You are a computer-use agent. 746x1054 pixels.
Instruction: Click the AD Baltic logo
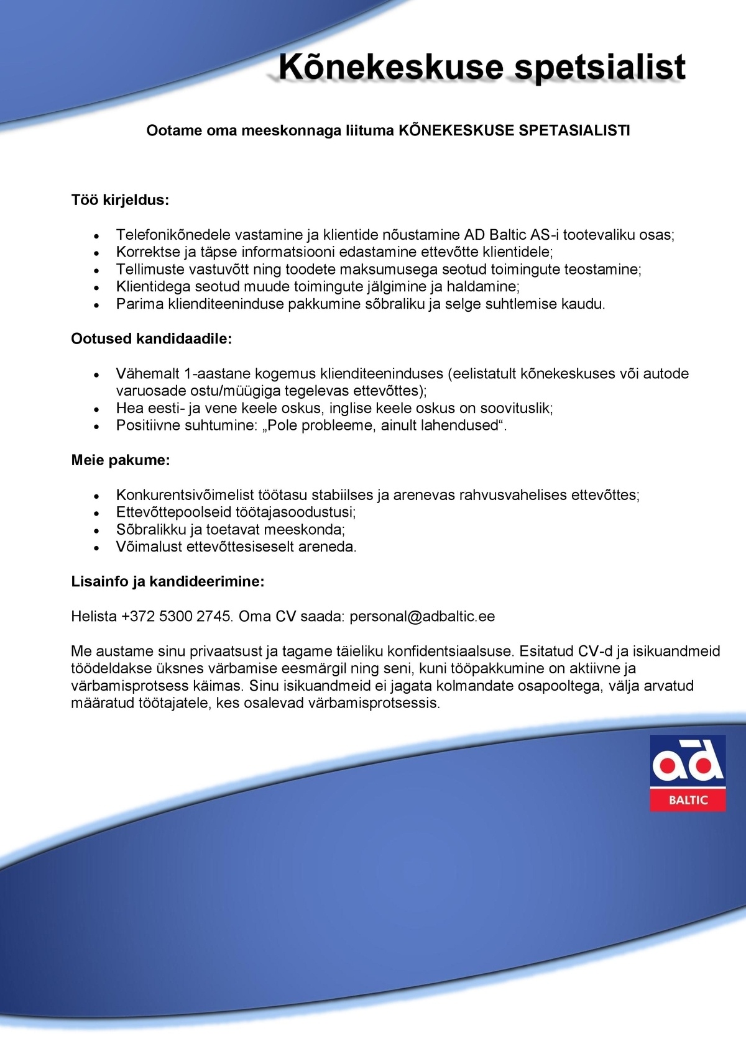(x=688, y=773)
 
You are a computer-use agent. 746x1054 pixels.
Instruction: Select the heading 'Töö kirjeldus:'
(x=120, y=200)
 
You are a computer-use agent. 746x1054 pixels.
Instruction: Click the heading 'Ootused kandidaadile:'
(x=151, y=338)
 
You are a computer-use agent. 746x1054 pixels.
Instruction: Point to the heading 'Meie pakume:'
(x=121, y=460)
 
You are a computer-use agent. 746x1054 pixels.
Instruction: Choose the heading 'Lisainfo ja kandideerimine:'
(x=168, y=582)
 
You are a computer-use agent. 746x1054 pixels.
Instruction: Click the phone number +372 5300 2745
(x=177, y=616)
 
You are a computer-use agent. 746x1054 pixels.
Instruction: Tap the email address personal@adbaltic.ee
(x=422, y=616)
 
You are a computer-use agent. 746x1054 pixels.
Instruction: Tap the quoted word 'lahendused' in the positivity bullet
(x=461, y=425)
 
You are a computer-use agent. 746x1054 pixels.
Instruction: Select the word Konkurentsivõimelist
(x=185, y=495)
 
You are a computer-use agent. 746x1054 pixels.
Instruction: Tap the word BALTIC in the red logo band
(x=688, y=800)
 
